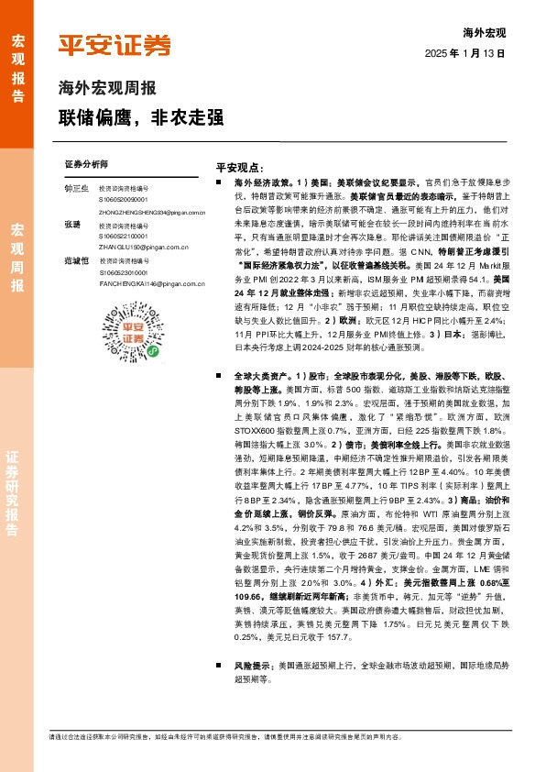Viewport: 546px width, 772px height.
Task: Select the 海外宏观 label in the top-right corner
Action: coord(485,33)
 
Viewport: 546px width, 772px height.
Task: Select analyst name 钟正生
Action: coord(77,189)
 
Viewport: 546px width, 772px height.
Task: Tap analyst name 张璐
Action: coord(73,226)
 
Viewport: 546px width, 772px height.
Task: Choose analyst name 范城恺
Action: coord(77,261)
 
